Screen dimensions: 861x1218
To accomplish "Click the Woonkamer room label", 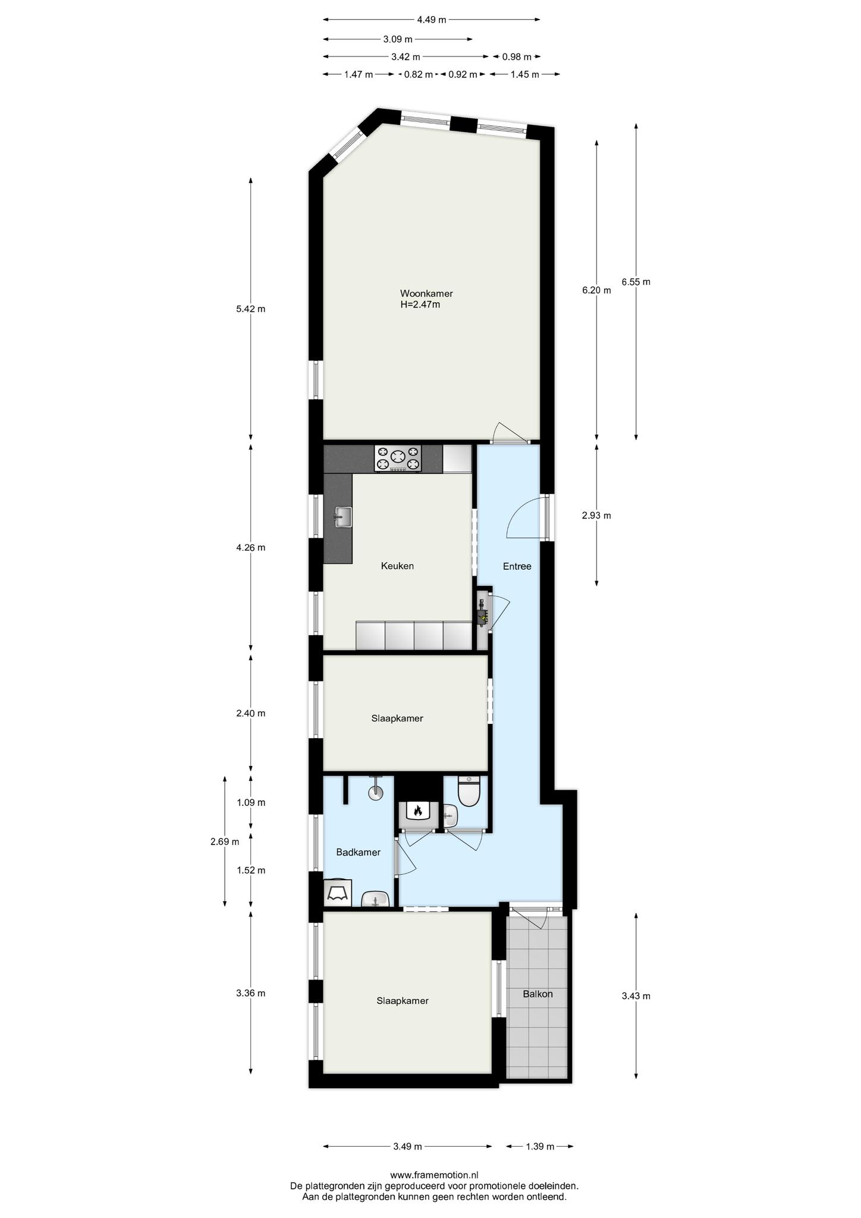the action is (426, 294).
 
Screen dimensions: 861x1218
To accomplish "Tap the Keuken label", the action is (397, 566).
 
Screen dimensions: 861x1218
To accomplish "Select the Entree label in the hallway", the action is (517, 566).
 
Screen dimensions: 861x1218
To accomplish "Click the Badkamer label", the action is (358, 852).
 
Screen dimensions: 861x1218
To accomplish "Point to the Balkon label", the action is (538, 994).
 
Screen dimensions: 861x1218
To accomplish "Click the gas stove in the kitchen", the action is (398, 459).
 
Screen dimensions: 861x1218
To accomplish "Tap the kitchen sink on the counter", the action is (343, 516).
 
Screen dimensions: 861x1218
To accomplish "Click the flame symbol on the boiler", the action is (417, 810).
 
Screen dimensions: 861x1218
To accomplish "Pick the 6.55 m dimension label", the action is (636, 282).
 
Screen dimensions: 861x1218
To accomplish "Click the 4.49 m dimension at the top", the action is (431, 20).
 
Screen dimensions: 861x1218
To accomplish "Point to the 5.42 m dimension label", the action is (250, 309).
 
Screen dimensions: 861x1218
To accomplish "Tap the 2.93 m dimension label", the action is (596, 516).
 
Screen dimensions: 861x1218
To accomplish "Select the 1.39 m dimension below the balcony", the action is (539, 1147).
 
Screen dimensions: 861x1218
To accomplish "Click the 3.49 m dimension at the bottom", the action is (407, 1147).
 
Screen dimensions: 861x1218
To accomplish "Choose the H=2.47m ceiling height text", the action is (420, 305).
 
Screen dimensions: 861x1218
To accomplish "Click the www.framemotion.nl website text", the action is (434, 1175).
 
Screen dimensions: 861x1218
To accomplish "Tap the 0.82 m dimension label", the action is (418, 74).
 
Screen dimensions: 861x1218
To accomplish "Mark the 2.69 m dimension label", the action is (225, 842).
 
